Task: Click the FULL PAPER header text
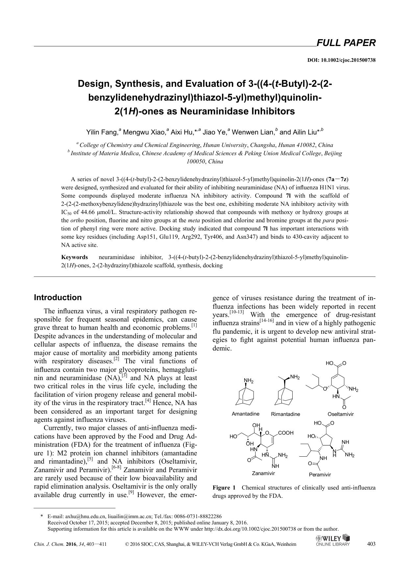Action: coord(346,43)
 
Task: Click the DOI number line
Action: coord(341,60)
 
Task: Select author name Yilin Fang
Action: coord(102,132)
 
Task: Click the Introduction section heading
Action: coord(58,298)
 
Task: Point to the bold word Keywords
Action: coord(75,257)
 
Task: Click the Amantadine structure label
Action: coord(246,414)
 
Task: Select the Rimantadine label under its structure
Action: coord(285,414)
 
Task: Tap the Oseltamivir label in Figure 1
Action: coord(341,414)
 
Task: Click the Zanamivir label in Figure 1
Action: coord(263,473)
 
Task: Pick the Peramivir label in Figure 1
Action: coord(320,474)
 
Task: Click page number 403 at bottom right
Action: coord(371,544)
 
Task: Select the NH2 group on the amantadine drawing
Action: coord(249,381)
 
